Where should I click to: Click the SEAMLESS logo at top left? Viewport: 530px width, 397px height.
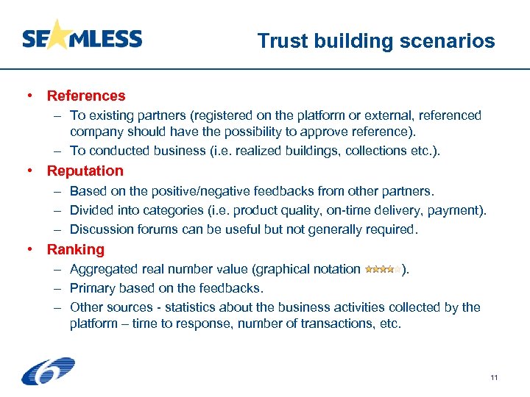point(82,38)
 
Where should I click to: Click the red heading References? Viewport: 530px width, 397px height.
point(86,96)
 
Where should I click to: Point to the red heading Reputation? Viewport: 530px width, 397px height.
point(85,171)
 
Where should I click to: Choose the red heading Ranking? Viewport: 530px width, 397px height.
point(76,249)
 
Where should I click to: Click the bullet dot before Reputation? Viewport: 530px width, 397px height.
point(30,171)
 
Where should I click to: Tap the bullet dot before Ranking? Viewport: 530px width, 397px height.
point(30,249)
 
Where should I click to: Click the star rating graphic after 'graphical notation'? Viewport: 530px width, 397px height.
point(383,270)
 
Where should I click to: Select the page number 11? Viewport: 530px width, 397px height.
point(494,378)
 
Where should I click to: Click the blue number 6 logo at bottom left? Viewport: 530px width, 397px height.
point(48,371)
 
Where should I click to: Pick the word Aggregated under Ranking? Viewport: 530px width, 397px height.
point(102,269)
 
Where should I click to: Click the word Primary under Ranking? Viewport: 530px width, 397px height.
point(93,288)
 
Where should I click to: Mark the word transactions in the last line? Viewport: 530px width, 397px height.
point(325,324)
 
